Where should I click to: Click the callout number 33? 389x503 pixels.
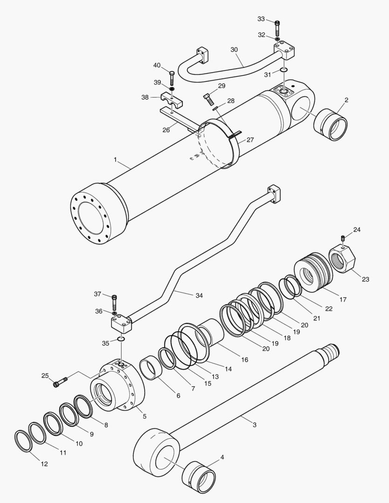tap(261, 19)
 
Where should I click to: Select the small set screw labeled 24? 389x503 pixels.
tap(343, 238)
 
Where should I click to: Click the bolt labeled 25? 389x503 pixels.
tap(61, 382)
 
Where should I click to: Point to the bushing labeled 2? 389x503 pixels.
tap(331, 125)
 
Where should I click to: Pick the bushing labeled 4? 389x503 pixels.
tap(198, 477)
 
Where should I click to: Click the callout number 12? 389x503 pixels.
tap(44, 464)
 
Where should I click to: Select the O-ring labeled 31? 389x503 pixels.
tap(284, 70)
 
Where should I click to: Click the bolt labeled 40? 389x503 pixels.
tap(171, 76)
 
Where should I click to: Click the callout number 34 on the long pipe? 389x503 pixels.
tap(199, 295)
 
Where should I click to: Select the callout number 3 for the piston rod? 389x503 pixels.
tap(254, 424)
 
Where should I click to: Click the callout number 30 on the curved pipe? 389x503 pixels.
tap(234, 49)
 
